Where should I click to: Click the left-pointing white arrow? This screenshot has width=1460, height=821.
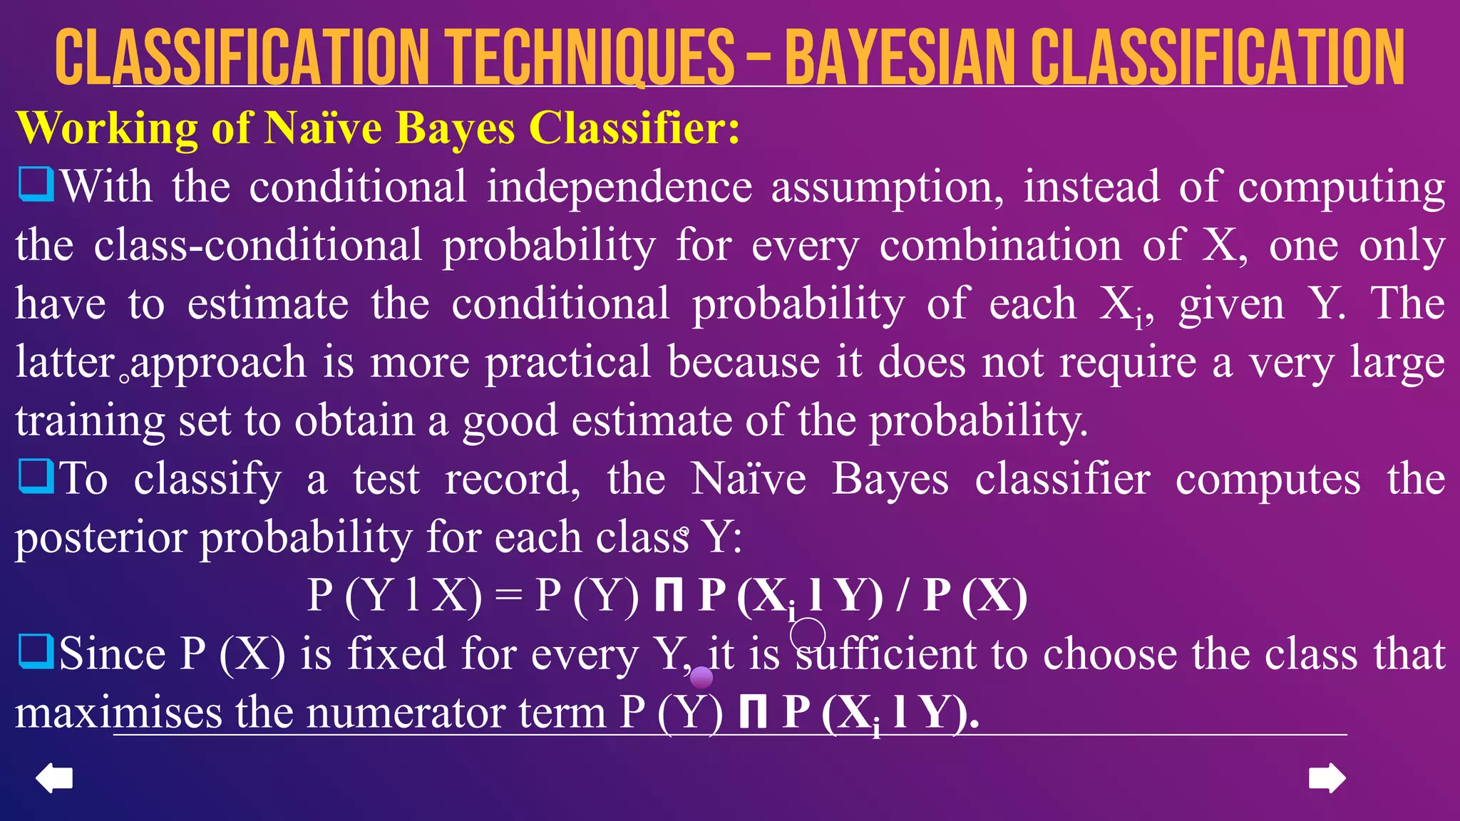(x=54, y=778)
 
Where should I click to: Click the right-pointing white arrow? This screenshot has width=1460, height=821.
(x=1327, y=778)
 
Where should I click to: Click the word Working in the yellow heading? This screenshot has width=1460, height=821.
(x=106, y=129)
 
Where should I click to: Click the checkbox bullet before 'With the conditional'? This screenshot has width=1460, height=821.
(x=36, y=185)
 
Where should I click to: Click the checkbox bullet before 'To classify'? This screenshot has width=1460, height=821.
(x=36, y=476)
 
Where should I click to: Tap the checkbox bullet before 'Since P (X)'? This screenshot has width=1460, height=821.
(x=36, y=651)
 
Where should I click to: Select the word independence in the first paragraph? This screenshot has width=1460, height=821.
(x=619, y=187)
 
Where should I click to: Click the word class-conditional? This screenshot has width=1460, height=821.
(x=258, y=246)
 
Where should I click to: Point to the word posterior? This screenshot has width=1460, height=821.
(x=101, y=538)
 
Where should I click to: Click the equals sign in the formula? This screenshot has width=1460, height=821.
(x=508, y=596)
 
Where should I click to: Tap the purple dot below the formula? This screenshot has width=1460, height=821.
(x=701, y=677)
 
